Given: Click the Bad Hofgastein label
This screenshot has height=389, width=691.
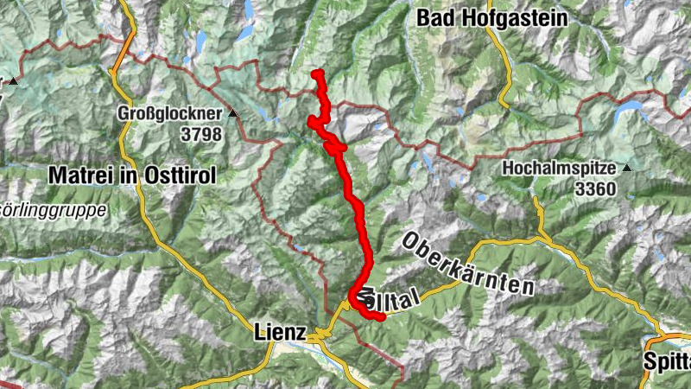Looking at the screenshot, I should coord(491,17).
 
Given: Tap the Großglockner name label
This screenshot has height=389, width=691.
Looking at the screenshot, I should coord(171,112).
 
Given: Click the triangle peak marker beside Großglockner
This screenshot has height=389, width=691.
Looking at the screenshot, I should coord(233,112).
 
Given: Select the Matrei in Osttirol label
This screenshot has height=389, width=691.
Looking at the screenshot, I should coord(131,175).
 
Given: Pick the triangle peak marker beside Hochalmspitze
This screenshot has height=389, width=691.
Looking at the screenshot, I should coord(627,167).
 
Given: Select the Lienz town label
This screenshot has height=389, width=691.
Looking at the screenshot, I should coord(281,332).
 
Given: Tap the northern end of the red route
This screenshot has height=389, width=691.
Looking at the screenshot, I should coord(318,73).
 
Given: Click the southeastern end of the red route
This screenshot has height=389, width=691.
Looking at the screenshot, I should coord(379,317).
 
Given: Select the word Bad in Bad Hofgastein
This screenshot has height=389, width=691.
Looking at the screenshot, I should coord(434,17).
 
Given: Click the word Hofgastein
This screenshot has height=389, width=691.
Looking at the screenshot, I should coord(512,17).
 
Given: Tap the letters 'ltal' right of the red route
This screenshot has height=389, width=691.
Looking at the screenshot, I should coord(400,299).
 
